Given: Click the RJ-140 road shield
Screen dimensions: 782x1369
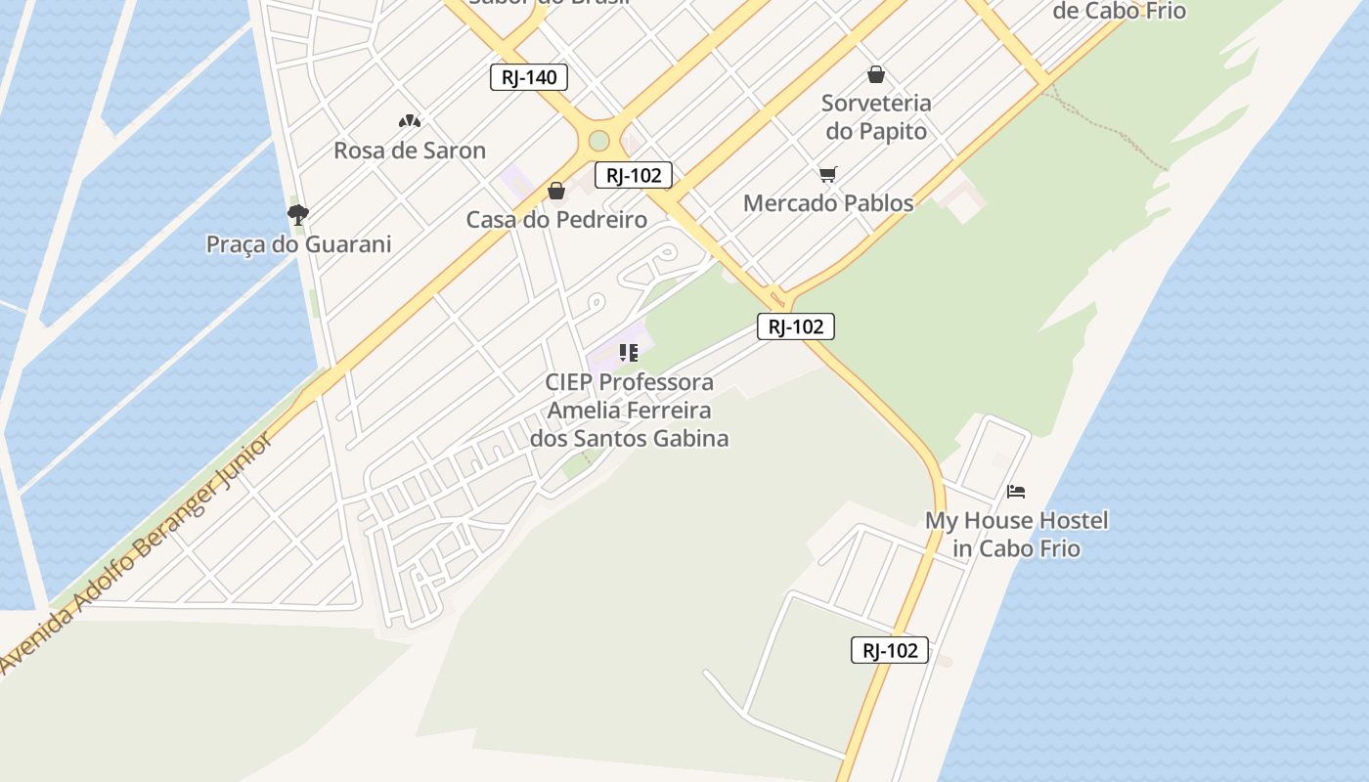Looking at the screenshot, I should [529, 77].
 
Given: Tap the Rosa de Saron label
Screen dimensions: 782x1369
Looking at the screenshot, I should [410, 151].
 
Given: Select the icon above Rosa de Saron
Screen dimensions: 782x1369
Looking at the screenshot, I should [410, 121].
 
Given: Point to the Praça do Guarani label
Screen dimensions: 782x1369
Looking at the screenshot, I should [298, 244].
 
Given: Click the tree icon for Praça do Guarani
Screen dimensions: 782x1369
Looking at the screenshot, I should [298, 214].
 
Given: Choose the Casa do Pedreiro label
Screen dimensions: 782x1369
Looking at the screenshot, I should [556, 220].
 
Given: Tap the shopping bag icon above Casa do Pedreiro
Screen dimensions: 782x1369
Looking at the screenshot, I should [556, 191].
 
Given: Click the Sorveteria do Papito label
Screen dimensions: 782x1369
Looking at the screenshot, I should [876, 116].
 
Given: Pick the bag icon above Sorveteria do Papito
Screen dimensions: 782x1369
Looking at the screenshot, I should [876, 74].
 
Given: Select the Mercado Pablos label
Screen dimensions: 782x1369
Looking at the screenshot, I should [828, 203].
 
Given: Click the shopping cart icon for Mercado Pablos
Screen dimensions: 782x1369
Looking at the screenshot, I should [828, 175].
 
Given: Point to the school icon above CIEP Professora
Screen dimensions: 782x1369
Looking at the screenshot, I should [629, 352].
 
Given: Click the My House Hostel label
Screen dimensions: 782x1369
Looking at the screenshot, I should [1017, 534].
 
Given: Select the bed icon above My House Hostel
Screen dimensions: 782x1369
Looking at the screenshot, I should [1016, 491].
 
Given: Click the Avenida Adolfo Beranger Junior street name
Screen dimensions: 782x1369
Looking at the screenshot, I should [137, 553].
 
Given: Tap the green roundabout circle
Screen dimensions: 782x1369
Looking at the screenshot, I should [598, 141].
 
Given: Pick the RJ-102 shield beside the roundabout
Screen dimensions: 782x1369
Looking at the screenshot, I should [634, 176].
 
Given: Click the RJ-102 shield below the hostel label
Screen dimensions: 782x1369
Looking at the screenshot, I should [890, 650].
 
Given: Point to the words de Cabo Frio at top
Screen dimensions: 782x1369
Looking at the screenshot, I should [1121, 12].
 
